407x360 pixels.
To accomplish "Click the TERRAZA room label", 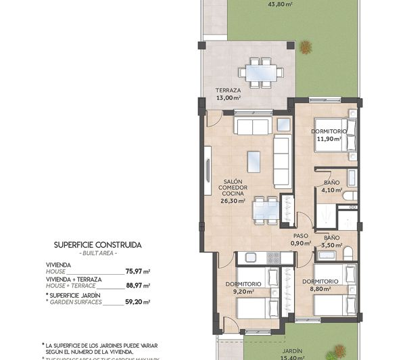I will (x=228, y=90).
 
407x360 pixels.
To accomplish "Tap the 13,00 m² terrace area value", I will (x=229, y=97).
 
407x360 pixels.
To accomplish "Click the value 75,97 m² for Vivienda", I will (x=137, y=271).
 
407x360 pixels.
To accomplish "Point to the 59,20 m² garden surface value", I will (x=137, y=302).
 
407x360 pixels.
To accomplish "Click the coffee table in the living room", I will (x=254, y=160).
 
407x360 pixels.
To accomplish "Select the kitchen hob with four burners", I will (x=273, y=258).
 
